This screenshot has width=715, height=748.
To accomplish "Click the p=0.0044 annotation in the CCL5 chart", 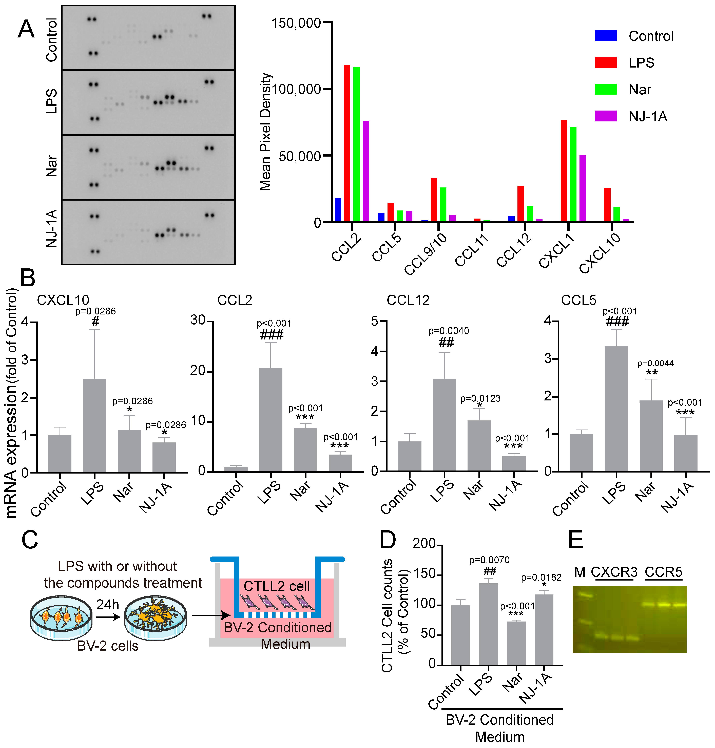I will [655, 363].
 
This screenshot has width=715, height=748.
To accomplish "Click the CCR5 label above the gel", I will [663, 572].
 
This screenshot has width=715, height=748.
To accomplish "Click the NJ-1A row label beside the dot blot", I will [51, 228].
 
